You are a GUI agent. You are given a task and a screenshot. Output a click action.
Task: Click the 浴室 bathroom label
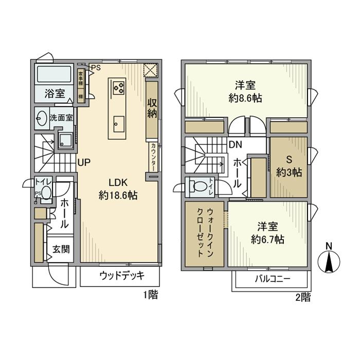tap(55, 94)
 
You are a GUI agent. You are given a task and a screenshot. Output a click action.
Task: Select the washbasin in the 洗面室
tap(42, 118)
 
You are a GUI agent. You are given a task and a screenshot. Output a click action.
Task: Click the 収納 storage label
tap(152, 107)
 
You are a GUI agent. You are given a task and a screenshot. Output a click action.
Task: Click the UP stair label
tap(84, 163)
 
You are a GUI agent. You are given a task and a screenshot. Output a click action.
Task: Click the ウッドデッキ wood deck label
tap(121, 275)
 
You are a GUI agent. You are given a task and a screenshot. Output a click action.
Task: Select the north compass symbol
tap(329, 261)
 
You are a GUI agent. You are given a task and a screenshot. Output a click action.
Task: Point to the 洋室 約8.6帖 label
tap(246, 91)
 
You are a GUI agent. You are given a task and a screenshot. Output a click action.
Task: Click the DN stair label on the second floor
tap(236, 145)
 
